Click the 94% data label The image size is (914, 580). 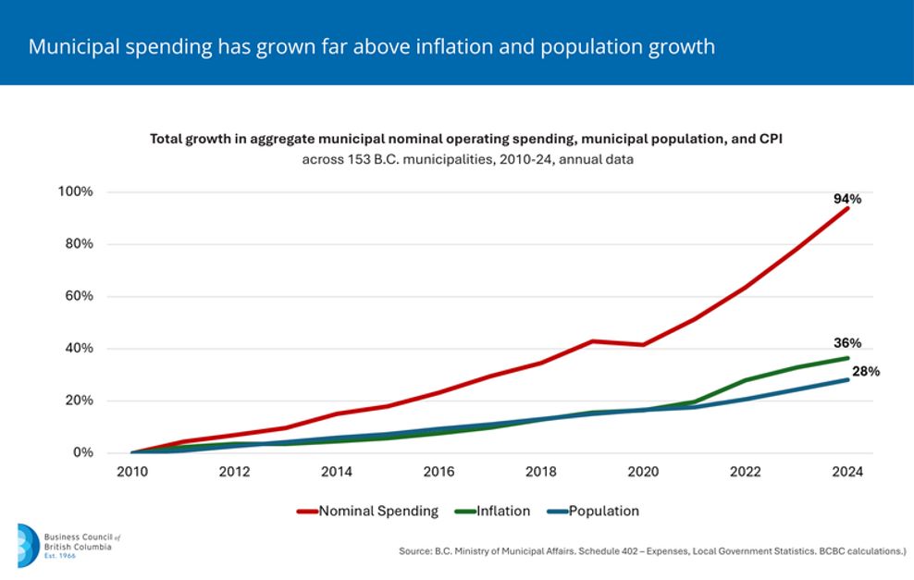pos(847,199)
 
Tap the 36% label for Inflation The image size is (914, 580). pos(847,343)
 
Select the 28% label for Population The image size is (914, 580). pos(866,371)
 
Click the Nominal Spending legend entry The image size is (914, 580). pos(367,512)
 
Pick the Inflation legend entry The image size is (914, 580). pos(492,512)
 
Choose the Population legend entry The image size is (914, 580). pos(593,512)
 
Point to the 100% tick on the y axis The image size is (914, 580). pos(75,191)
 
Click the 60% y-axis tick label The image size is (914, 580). pos(79,295)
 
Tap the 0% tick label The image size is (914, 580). pos(82,452)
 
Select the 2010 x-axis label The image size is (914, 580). pos(132,472)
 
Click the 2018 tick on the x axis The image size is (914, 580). pos(541,472)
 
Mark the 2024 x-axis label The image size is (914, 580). pos(847,472)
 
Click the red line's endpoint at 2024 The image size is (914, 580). pos(847,208)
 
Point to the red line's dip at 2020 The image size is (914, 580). pos(643,344)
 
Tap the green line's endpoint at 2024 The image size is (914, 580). pos(847,358)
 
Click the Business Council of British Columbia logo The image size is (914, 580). pos(68,546)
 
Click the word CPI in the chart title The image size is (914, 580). pos(771,139)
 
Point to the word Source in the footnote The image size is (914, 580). pos(415,550)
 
